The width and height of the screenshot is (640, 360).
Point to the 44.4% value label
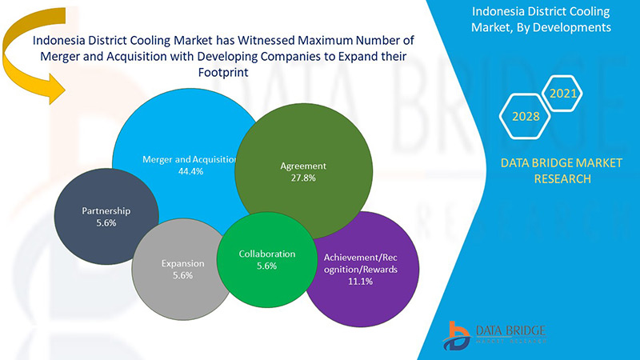pyautogui.click(x=189, y=171)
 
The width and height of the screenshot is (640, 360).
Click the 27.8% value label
pyautogui.click(x=303, y=178)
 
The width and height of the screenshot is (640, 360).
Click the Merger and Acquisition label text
pyautogui.click(x=189, y=159)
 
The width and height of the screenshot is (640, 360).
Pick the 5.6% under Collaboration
pyautogui.click(x=266, y=266)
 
